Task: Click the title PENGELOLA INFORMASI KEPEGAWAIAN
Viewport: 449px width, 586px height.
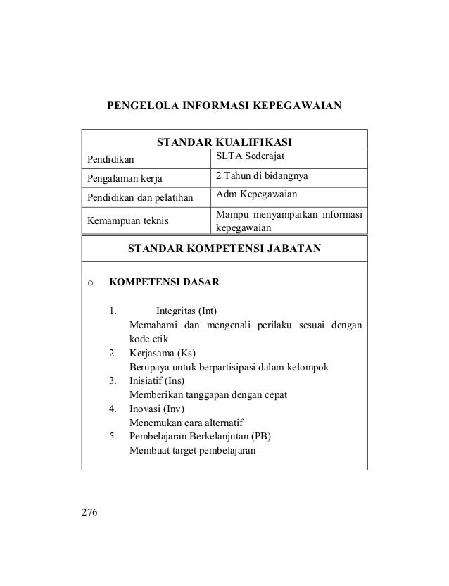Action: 224,108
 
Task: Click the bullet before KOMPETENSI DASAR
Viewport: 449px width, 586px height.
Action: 89,284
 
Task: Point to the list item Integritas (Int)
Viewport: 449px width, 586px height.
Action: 186,311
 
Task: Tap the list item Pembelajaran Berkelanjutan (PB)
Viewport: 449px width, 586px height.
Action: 200,436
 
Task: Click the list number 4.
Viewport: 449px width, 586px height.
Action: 113,409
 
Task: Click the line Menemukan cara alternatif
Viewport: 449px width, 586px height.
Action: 185,423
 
